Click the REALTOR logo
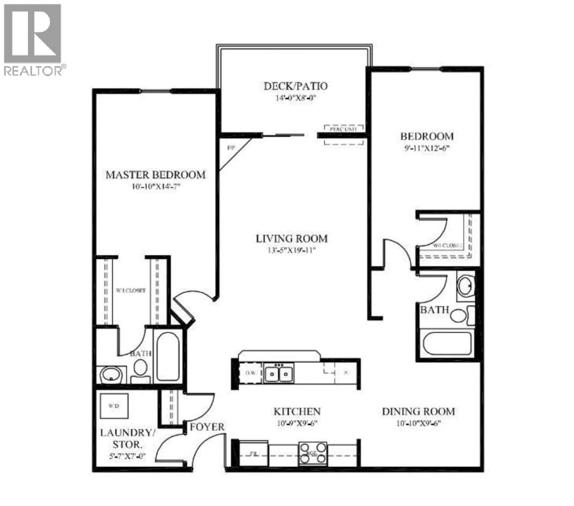click(x=33, y=39)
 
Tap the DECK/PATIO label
click(x=295, y=86)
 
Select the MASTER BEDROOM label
click(x=156, y=175)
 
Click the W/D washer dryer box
click(x=114, y=406)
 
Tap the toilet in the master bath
click(x=140, y=371)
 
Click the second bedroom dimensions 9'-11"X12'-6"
click(x=427, y=148)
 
